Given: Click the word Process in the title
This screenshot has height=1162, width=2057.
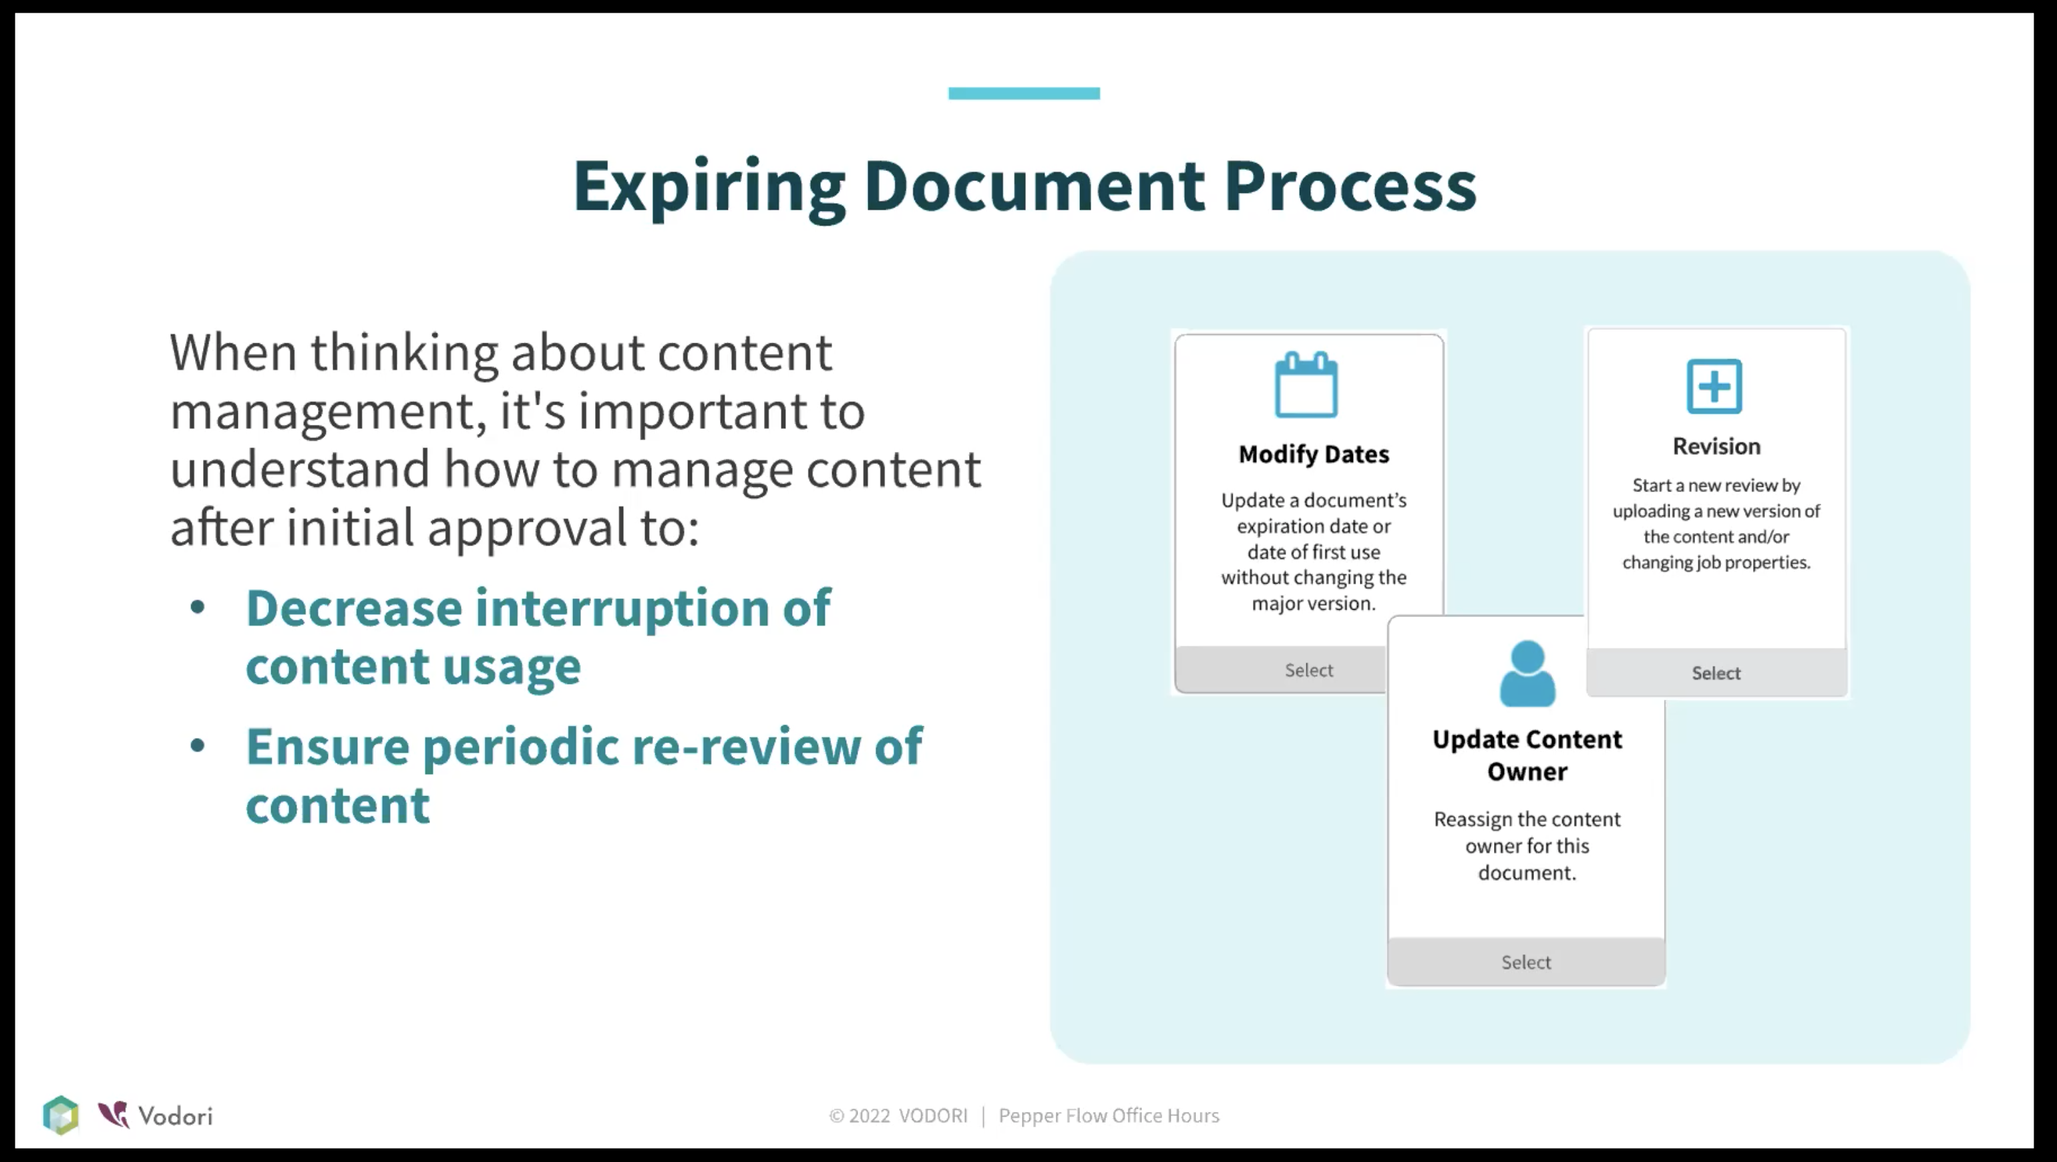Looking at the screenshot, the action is tap(1350, 185).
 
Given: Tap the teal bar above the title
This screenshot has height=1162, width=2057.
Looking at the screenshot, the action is tap(1024, 93).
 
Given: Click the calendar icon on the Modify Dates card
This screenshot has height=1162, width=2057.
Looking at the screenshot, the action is tap(1306, 384).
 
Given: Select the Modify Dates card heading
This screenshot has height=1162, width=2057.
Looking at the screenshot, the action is tap(1314, 454).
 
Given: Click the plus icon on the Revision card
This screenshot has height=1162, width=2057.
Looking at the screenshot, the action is tap(1714, 387).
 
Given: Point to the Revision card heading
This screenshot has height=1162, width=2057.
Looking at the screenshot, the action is tap(1716, 445).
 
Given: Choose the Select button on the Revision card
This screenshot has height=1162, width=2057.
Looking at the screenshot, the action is tap(1716, 672).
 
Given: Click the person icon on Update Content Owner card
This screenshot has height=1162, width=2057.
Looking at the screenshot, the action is tap(1527, 673).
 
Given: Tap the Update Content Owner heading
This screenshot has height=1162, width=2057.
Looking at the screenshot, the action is tap(1527, 755).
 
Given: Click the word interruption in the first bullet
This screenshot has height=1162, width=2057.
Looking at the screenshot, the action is tap(622, 610).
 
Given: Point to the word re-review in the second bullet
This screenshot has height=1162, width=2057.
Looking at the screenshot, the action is tap(746, 747).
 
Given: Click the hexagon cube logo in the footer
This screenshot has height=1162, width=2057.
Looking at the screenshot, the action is tap(61, 1115).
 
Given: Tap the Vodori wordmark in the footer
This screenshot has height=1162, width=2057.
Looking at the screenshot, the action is tap(174, 1116).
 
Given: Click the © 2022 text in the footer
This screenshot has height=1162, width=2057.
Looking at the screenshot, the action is tap(860, 1116).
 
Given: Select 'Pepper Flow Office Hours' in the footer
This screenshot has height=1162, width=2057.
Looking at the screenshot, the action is tap(1109, 1116).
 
